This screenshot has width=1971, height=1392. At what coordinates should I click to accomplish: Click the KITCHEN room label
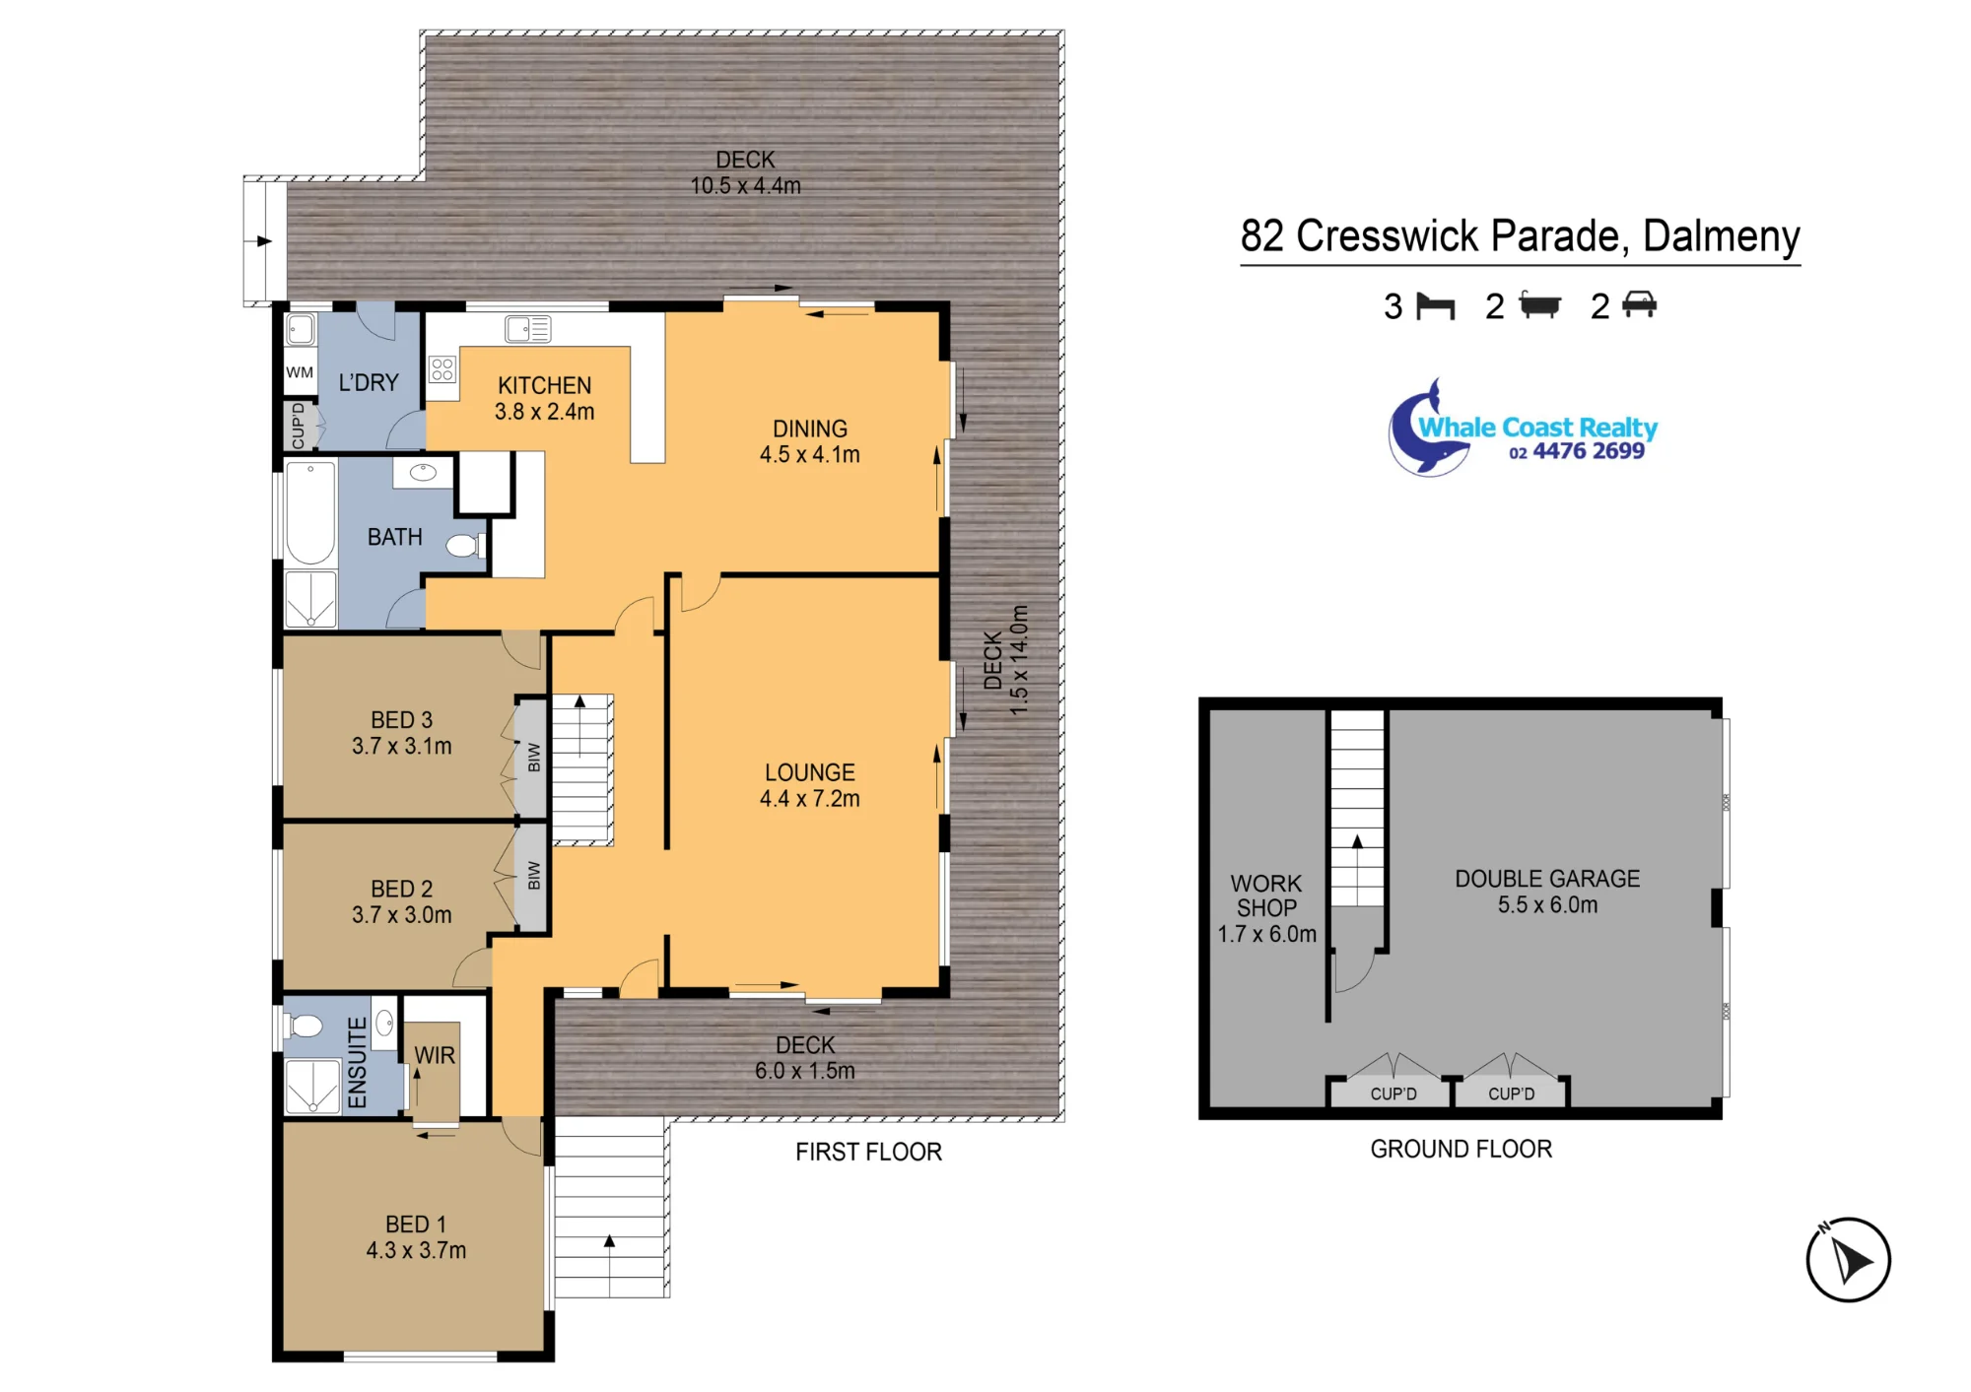pos(544,385)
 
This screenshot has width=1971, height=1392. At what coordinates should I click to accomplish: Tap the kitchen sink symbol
pos(527,328)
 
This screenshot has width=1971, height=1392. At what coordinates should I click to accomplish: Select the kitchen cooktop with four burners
pos(442,369)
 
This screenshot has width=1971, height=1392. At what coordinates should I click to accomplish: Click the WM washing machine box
pos(300,372)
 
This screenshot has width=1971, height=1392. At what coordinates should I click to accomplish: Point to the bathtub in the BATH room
pos(310,513)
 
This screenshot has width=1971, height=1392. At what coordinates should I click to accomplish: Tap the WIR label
pos(435,1055)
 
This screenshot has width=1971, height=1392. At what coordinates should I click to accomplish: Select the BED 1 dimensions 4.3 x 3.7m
pos(416,1250)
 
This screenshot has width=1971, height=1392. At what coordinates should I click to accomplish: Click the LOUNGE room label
pos(810,772)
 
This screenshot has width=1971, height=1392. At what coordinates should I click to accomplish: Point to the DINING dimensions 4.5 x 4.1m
pos(809,454)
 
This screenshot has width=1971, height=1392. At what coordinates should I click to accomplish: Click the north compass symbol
pos(1848,1259)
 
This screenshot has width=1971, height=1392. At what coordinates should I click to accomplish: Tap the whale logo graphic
pos(1426,431)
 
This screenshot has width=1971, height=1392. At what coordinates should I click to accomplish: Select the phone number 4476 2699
pos(1589,451)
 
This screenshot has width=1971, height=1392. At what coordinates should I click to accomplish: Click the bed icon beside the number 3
pos(1435,306)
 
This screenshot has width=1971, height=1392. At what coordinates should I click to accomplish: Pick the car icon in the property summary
pos(1639,304)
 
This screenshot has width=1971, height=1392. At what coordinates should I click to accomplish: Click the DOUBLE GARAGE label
pos(1547,879)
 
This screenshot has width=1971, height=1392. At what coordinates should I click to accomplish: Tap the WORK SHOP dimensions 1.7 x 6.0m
pos(1266,934)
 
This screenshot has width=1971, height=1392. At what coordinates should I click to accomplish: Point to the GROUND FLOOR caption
pos(1461,1149)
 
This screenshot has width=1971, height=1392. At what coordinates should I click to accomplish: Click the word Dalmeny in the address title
pos(1722,236)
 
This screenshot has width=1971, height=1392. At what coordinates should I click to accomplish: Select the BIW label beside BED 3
pos(534,757)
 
